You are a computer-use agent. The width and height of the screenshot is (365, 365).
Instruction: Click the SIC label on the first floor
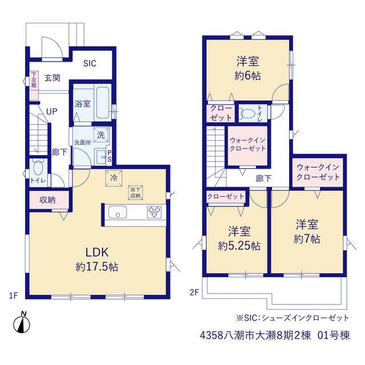90,63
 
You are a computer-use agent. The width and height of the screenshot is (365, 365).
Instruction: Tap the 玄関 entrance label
52,78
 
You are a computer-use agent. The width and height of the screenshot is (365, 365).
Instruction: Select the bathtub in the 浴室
103,103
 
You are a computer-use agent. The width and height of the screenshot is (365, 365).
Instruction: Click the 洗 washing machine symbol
101,135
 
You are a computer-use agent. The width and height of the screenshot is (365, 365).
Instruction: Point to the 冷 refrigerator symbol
114,179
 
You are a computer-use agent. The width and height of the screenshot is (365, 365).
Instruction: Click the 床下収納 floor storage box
136,193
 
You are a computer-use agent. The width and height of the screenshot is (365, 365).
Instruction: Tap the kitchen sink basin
117,212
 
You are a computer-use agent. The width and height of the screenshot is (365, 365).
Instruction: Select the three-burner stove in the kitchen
155,212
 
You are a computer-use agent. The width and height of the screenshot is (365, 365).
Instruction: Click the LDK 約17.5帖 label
97,259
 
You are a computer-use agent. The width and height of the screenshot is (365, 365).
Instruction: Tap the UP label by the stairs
52,112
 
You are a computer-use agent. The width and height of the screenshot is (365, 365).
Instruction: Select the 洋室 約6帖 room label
248,68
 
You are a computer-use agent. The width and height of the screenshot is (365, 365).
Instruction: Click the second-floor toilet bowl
248,114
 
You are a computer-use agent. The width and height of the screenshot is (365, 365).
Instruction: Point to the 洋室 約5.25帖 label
239,238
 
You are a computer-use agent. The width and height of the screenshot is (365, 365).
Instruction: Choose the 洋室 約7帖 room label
307,232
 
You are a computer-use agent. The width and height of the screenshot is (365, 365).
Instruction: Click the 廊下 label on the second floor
263,179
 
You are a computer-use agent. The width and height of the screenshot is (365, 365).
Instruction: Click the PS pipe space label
109,156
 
